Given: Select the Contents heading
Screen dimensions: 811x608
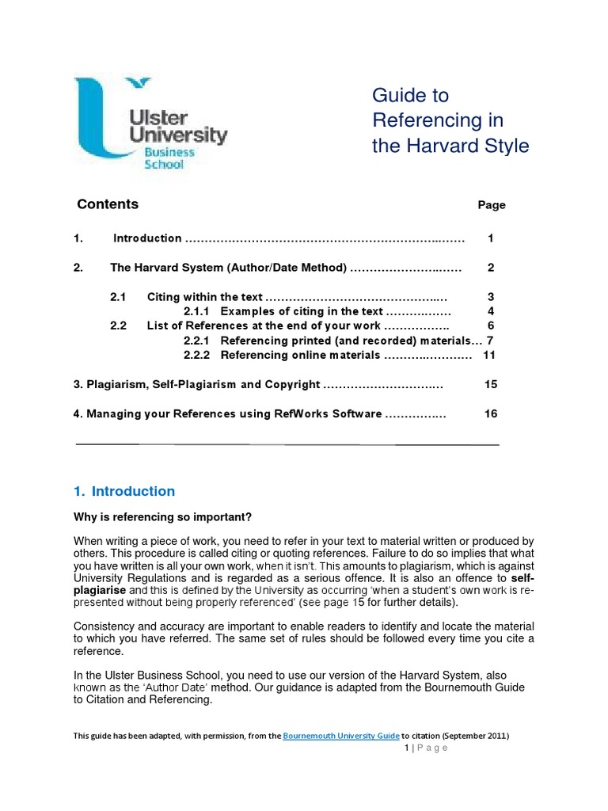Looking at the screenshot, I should (x=107, y=204).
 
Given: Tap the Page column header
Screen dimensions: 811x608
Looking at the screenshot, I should (x=491, y=205).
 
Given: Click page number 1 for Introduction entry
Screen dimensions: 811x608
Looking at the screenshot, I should (x=491, y=238).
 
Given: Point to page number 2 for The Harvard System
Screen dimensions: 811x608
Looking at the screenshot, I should (x=491, y=268).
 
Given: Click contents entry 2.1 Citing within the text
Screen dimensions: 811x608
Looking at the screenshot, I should (x=205, y=297).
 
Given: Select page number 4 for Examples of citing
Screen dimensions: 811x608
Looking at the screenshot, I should (x=491, y=310).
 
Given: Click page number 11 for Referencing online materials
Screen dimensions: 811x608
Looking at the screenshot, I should (x=489, y=355).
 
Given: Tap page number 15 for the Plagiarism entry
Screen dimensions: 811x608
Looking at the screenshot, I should (x=490, y=385).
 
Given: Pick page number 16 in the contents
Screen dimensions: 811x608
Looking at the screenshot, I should (x=490, y=414).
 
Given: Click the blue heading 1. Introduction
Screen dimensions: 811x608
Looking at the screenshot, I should (x=123, y=491).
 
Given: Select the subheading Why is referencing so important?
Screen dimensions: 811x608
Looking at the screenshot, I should (x=162, y=518).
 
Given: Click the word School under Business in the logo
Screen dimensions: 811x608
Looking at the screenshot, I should (x=163, y=165).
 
